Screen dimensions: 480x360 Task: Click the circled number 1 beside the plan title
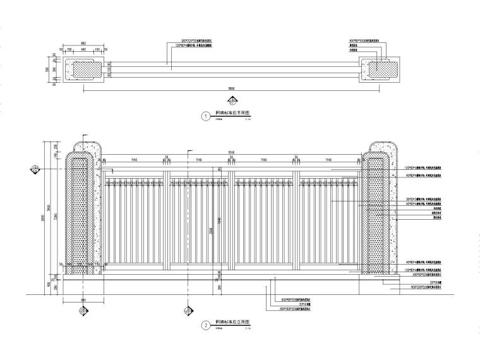pos(205,116)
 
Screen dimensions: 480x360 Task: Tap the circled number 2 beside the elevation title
pos(205,326)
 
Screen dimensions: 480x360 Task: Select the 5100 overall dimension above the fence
pos(232,152)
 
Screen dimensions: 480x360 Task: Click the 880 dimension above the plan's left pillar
pos(83,44)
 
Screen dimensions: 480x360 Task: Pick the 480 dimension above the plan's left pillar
pos(83,49)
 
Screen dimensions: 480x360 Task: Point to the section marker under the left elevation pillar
pos(83,309)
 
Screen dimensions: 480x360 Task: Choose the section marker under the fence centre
pos(187,309)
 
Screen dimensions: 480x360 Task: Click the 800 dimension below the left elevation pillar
pos(83,297)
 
